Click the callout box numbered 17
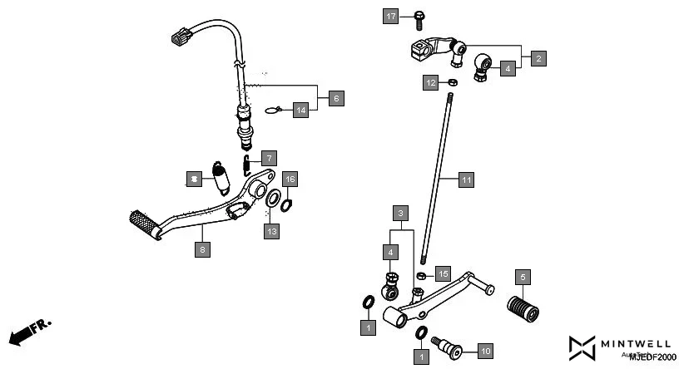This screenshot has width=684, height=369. (391, 16)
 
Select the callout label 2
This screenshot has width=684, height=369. (539, 58)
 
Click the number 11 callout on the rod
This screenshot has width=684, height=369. (466, 180)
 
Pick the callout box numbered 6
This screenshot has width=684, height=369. (336, 98)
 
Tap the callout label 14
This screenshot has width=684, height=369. (268, 158)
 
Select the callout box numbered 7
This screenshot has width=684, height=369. (268, 158)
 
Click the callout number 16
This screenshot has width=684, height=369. (290, 180)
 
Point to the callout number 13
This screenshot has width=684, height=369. (272, 231)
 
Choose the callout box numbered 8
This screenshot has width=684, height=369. (201, 248)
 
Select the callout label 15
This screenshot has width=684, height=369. (443, 273)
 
